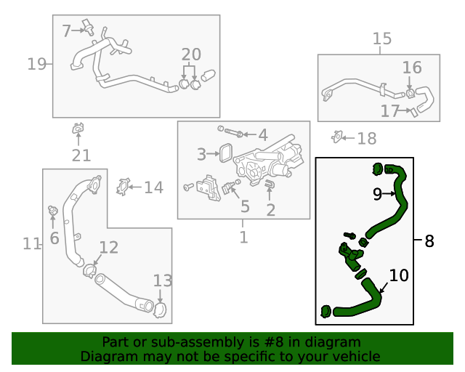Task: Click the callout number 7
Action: click(x=67, y=31)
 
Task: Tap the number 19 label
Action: click(x=36, y=65)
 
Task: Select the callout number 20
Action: click(x=191, y=54)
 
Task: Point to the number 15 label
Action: click(x=382, y=39)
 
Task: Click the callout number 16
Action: click(x=412, y=68)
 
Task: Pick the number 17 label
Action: click(x=390, y=111)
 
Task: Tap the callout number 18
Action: click(x=367, y=138)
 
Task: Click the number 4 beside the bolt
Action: click(x=262, y=134)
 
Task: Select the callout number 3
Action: click(x=202, y=154)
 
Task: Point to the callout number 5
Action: click(x=245, y=207)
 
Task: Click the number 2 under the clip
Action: click(x=270, y=211)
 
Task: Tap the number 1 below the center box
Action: click(x=244, y=237)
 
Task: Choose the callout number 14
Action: click(x=153, y=188)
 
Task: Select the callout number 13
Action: click(x=162, y=280)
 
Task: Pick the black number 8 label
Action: click(x=429, y=240)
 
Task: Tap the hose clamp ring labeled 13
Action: click(x=159, y=309)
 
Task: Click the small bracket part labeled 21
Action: click(x=78, y=130)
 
